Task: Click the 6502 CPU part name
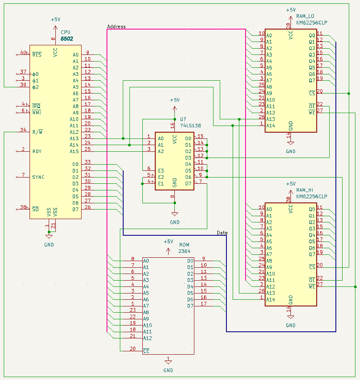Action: point(67,39)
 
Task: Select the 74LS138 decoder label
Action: point(190,125)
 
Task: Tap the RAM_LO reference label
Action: point(305,16)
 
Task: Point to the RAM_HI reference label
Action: point(305,190)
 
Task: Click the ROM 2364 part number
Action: point(184,251)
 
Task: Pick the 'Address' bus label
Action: point(116,27)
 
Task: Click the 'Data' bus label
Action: point(222,233)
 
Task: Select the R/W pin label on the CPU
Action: point(37,132)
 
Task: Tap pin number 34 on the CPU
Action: point(23,130)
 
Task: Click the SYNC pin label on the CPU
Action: point(38,177)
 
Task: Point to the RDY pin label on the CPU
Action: point(37,151)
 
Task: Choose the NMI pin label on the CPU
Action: point(37,112)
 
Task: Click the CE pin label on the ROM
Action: point(146,351)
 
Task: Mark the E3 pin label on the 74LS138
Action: point(161,170)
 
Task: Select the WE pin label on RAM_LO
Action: point(312,112)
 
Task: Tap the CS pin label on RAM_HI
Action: point(312,267)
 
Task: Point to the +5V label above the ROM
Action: point(168,242)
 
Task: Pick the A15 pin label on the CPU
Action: point(74,151)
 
